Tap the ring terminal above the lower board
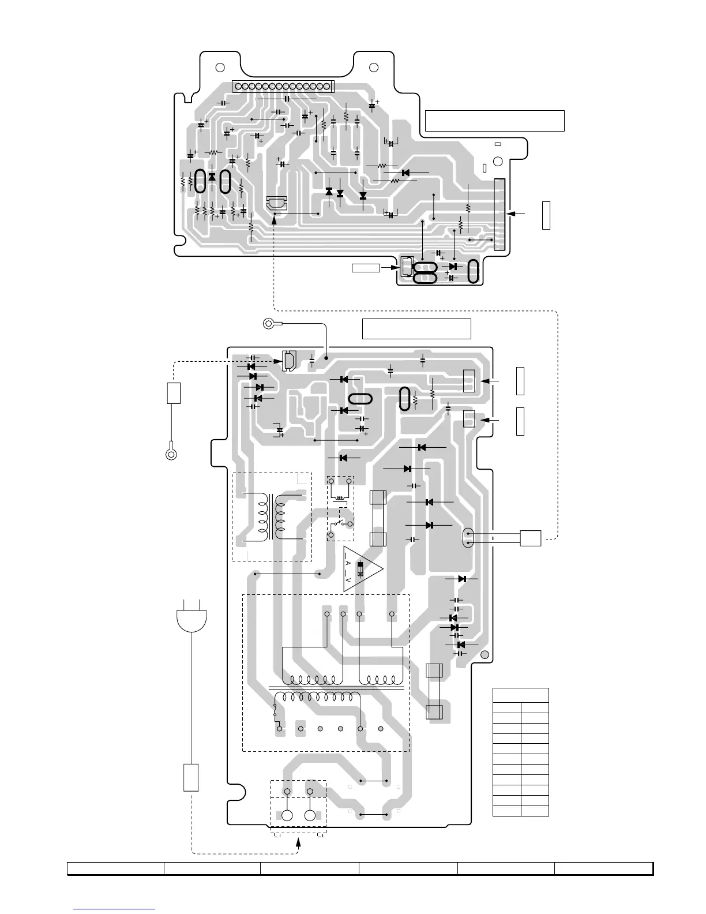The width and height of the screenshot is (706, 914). click(x=268, y=323)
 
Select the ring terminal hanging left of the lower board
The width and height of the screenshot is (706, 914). click(x=171, y=454)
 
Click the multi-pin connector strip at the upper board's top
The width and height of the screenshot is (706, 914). click(x=283, y=86)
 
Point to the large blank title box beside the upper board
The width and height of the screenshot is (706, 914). click(x=494, y=121)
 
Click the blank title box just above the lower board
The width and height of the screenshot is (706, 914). click(x=416, y=328)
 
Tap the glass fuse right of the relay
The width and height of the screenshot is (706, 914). click(x=377, y=518)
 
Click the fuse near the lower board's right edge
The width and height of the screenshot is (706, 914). click(x=434, y=691)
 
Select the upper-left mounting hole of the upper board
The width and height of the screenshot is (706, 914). click(x=219, y=67)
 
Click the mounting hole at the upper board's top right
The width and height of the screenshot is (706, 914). click(x=373, y=68)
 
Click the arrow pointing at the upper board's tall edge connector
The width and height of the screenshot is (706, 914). click(x=517, y=213)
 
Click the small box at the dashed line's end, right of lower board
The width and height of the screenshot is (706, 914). click(x=530, y=538)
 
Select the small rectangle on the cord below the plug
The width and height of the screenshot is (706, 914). click(x=191, y=777)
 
